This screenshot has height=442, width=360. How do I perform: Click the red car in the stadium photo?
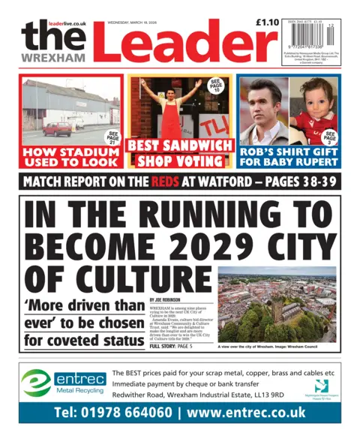coord(57,128)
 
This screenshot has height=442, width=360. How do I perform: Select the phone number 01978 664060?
coord(110,413)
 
